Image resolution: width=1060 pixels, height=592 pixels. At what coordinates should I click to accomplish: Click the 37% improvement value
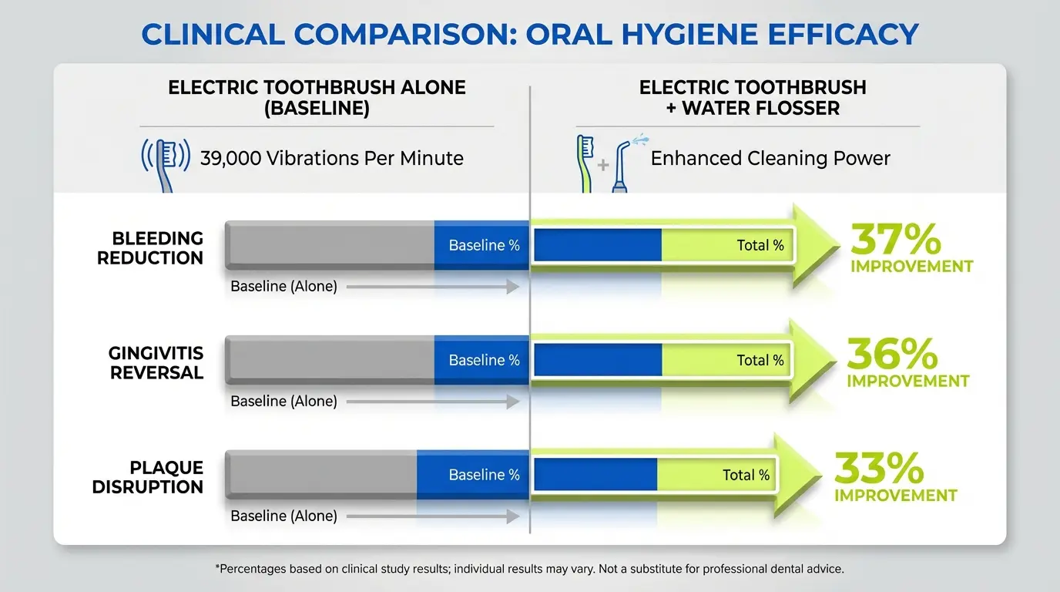tap(895, 241)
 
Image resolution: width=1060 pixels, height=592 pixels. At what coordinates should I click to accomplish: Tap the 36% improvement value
tap(893, 355)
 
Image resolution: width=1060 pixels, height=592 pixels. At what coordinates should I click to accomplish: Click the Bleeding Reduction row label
tap(150, 248)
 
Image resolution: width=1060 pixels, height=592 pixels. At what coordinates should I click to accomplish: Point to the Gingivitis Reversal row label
tap(156, 363)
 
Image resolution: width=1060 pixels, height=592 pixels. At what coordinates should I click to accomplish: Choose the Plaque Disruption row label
tap(148, 477)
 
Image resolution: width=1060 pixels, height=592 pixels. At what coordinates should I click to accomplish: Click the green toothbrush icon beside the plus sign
tap(585, 163)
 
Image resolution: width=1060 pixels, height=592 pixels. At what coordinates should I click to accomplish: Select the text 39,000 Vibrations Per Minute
tap(331, 159)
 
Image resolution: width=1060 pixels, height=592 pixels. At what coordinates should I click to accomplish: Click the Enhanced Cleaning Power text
tap(770, 159)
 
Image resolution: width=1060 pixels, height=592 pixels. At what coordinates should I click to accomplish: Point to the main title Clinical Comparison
tap(530, 35)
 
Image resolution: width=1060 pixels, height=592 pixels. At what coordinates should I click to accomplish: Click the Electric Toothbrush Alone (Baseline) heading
tap(317, 98)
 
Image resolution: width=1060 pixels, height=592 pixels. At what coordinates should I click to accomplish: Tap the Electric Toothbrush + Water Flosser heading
tap(753, 98)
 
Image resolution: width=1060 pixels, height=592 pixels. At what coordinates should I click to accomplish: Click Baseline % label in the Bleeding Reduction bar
tap(484, 246)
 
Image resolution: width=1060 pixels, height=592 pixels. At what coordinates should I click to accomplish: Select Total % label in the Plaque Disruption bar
tap(746, 475)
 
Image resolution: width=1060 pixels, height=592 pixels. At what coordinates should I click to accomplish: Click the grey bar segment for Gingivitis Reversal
tap(331, 360)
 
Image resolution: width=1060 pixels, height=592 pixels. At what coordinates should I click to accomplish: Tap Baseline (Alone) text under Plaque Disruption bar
tap(283, 516)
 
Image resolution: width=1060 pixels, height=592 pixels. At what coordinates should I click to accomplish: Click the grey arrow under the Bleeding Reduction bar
tap(432, 287)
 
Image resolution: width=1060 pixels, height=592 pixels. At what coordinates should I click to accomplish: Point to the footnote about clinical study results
tap(530, 569)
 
